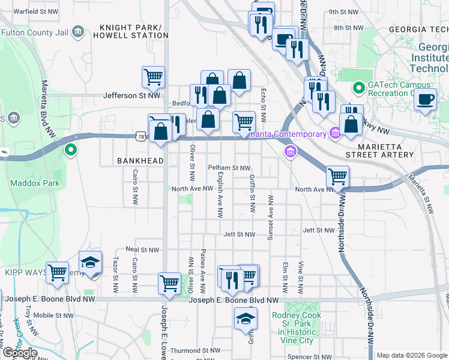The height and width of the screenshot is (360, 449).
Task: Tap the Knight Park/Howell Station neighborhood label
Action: pyautogui.click(x=130, y=31)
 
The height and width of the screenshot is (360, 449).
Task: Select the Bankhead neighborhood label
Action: pyautogui.click(x=131, y=161)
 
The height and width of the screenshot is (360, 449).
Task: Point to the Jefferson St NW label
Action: pyautogui.click(x=131, y=95)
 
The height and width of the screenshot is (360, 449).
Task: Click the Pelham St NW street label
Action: pyautogui.click(x=229, y=168)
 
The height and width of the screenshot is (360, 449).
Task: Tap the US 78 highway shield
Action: pyautogui.click(x=140, y=137)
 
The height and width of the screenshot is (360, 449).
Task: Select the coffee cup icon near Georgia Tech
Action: pyautogui.click(x=426, y=99)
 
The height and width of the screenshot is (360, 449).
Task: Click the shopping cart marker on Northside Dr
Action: pyautogui.click(x=338, y=176)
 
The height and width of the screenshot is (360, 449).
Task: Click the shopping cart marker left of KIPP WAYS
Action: pyautogui.click(x=58, y=272)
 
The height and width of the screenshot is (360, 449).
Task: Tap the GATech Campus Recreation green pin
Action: pyautogui.click(x=359, y=88)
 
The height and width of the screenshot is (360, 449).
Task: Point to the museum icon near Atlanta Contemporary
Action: pyautogui.click(x=291, y=151)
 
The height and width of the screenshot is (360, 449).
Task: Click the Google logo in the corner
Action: pyautogui.click(x=19, y=353)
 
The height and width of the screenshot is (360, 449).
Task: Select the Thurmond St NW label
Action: pyautogui.click(x=192, y=350)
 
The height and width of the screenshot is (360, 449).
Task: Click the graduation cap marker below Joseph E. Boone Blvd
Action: pyautogui.click(x=246, y=319)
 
